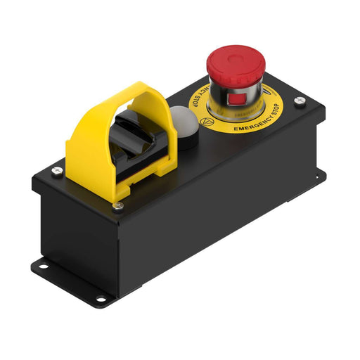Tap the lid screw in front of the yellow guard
(118, 205)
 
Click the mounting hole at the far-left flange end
(40, 265)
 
